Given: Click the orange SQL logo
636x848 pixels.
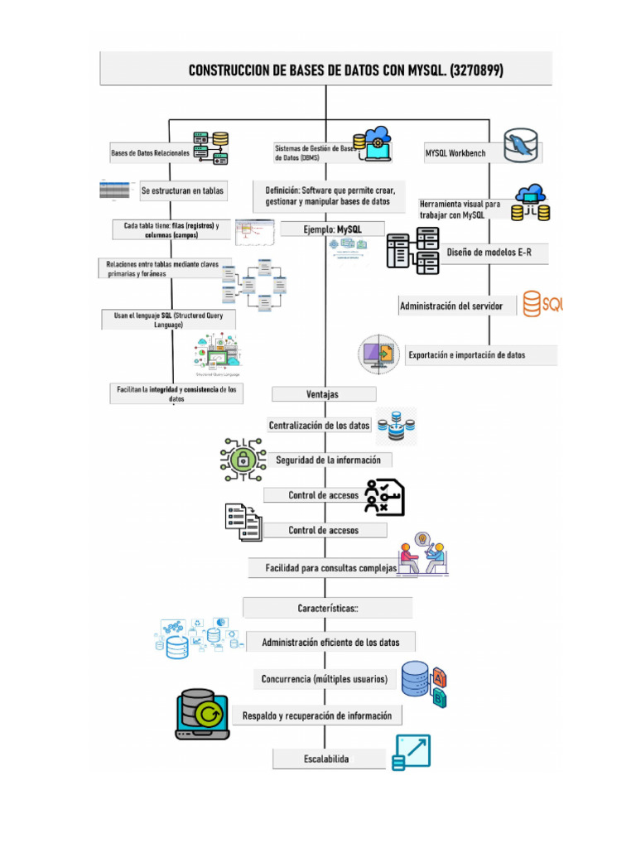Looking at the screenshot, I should (542, 305).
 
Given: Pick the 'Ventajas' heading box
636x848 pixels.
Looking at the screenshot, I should (323, 394).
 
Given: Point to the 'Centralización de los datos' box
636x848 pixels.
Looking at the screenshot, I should (320, 426).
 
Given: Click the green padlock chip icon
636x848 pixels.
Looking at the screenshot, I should (242, 459).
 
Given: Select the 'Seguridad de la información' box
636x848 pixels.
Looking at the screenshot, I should (329, 460).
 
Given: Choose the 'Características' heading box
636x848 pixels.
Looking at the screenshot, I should (328, 608).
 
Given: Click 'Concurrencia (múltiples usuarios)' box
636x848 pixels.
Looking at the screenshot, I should (325, 679).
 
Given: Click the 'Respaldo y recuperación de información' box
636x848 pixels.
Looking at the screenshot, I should (317, 715).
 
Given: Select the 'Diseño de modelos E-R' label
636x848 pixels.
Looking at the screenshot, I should (489, 252).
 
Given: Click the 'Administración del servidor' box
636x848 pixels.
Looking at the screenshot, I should (451, 306).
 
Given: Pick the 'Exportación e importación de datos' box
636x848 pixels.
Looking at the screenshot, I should (479, 355).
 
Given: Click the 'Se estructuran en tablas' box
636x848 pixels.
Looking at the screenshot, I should (182, 190).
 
